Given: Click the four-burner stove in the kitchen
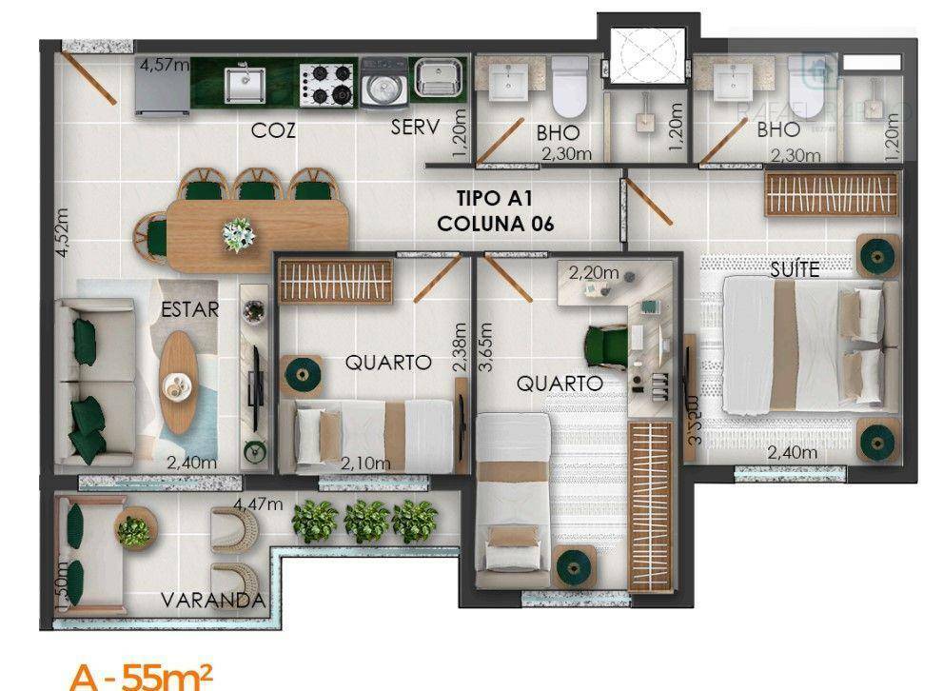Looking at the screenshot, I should [327, 84].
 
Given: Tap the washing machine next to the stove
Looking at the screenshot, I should [383, 84].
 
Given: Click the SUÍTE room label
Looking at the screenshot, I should [795, 269].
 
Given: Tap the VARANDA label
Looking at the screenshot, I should [211, 601].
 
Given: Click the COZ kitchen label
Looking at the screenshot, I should [272, 131].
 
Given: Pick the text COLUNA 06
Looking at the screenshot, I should [495, 225].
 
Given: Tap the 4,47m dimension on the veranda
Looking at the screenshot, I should [259, 503].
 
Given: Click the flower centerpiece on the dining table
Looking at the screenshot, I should [238, 233].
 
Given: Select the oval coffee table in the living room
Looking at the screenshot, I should [179, 380].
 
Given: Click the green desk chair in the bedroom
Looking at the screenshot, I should [606, 344].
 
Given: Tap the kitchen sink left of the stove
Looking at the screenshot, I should [246, 83].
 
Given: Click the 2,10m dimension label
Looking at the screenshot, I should [366, 464].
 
